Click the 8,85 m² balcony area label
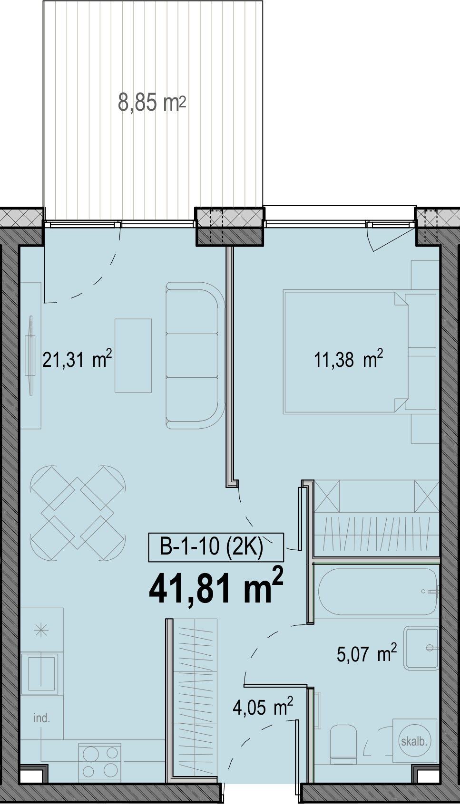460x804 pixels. point(152,103)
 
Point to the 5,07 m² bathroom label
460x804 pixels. point(367,652)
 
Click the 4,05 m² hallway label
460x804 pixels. point(263,707)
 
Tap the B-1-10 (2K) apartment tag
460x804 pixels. point(216,547)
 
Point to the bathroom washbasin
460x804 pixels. point(421,648)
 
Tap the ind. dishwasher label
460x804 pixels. point(42,718)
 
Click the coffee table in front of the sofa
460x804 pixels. point(133,355)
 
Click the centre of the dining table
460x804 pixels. point(78,513)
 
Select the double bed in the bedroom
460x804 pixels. point(346,352)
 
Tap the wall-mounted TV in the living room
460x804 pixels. point(30,355)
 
